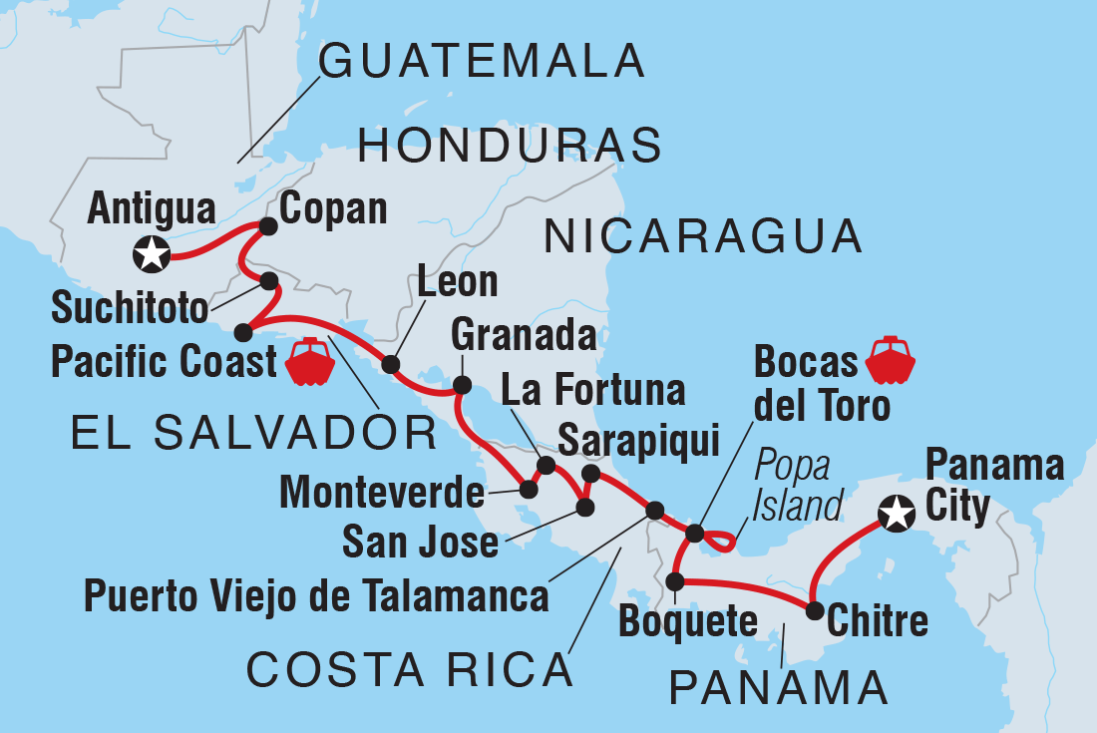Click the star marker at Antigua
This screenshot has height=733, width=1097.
click(151, 254)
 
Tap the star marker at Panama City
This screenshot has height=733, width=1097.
click(897, 515)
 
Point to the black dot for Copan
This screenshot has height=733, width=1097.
click(267, 226)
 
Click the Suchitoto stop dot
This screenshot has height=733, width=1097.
click(269, 281)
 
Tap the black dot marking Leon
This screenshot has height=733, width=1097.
click(391, 364)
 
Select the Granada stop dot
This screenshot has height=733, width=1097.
click(462, 384)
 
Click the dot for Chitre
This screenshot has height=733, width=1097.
click(815, 610)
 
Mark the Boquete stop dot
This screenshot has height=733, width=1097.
click(675, 581)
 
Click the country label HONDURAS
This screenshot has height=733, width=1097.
click(510, 147)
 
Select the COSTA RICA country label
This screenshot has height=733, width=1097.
click(410, 671)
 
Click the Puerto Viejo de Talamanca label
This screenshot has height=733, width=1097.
click(316, 595)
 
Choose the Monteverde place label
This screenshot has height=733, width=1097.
click(382, 491)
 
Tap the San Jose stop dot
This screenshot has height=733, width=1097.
click(584, 508)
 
